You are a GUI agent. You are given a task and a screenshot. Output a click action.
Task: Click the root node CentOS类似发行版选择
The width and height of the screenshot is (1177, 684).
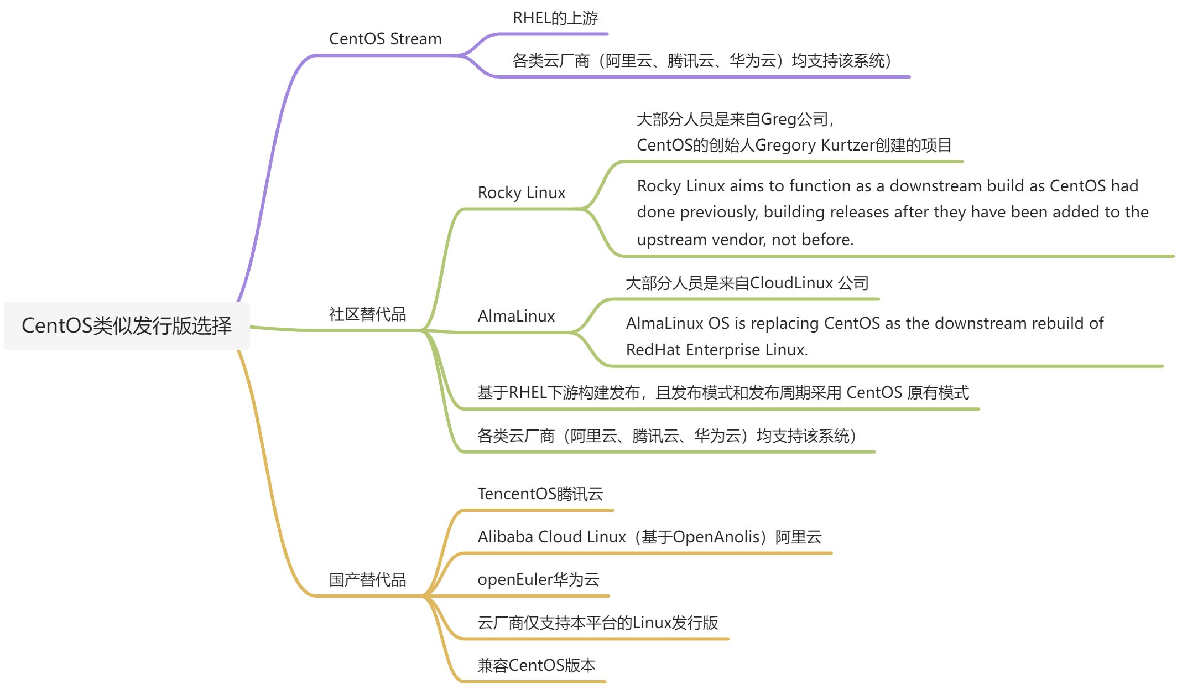pyautogui.click(x=127, y=325)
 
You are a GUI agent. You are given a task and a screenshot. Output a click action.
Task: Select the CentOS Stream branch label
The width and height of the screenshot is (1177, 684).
pyautogui.click(x=385, y=39)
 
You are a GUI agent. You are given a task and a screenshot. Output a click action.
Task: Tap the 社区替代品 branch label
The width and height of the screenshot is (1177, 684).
pyautogui.click(x=367, y=314)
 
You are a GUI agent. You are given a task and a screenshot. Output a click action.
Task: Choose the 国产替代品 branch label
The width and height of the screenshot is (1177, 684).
pyautogui.click(x=367, y=579)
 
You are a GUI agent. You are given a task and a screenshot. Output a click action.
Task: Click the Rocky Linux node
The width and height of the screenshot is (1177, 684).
pyautogui.click(x=521, y=193)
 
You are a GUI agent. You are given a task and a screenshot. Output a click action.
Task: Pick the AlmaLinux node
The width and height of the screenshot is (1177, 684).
pyautogui.click(x=516, y=316)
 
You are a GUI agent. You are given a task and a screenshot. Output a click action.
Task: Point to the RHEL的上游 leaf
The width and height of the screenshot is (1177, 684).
pyautogui.click(x=555, y=18)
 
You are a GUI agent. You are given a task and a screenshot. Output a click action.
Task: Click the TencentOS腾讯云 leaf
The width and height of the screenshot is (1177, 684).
pyautogui.click(x=540, y=494)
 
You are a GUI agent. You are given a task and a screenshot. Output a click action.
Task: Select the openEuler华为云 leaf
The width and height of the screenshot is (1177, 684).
pyautogui.click(x=538, y=579)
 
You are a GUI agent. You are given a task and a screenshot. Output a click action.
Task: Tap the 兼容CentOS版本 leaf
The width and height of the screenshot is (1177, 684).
pyautogui.click(x=536, y=665)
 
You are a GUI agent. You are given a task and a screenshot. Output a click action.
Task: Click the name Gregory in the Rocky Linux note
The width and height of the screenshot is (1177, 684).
pyautogui.click(x=785, y=146)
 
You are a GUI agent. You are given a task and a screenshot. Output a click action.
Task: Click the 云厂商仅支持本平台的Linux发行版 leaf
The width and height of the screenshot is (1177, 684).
pyautogui.click(x=597, y=623)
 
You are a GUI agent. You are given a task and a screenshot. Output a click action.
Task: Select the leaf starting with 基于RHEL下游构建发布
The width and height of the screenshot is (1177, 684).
pyautogui.click(x=722, y=393)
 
